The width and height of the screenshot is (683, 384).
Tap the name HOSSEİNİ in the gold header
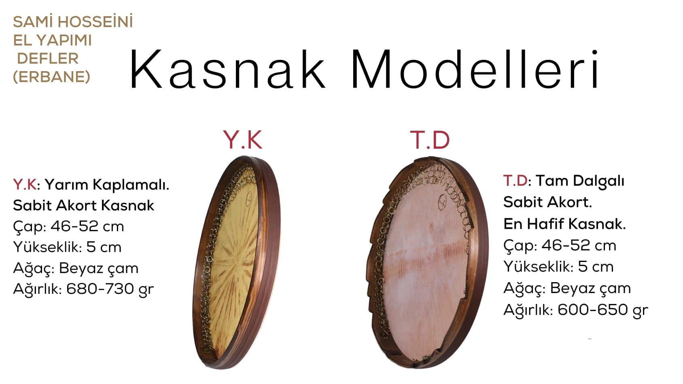95,21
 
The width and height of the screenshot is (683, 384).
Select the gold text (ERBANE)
51,76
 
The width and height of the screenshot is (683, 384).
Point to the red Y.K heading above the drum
243,140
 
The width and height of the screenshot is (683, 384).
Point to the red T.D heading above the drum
430,140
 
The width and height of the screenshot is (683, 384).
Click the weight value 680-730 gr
110,288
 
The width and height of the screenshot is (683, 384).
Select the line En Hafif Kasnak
564,224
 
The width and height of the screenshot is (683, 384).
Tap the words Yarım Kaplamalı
107,185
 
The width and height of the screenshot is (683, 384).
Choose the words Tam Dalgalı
580,181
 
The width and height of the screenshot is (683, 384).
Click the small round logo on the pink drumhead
442,202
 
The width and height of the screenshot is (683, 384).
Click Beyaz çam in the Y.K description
98,268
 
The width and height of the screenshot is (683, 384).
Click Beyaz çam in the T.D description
590,288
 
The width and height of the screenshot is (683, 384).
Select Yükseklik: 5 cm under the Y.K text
67,247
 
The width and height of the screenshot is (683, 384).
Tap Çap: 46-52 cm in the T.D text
560,245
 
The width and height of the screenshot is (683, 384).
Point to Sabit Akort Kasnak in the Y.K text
83,206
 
